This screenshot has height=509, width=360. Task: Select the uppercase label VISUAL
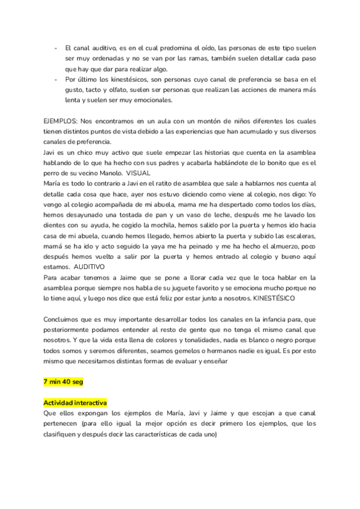[x=139, y=172]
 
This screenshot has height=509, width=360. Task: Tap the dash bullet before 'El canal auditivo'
[x=56, y=47]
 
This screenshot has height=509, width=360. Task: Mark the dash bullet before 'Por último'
[x=56, y=79]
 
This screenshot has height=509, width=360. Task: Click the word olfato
[x=127, y=89]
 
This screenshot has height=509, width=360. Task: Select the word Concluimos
[x=62, y=319]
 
